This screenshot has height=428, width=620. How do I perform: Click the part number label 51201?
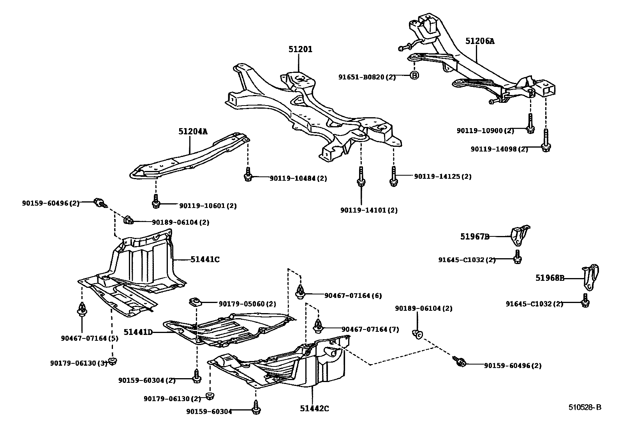300,49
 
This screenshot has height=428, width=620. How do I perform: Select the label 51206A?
480,41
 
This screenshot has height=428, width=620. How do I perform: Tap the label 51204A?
193,132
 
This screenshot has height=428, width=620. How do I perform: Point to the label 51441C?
205,259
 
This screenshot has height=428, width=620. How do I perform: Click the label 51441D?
138,332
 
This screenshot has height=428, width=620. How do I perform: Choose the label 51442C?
314,408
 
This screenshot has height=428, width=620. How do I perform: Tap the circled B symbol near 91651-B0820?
414,76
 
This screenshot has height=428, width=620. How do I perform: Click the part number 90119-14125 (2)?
442,176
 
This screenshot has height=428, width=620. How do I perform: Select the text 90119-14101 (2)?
369,210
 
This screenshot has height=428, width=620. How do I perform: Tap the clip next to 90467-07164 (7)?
318,326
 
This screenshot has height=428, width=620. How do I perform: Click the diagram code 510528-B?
584,407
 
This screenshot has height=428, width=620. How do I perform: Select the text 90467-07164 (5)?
90,338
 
